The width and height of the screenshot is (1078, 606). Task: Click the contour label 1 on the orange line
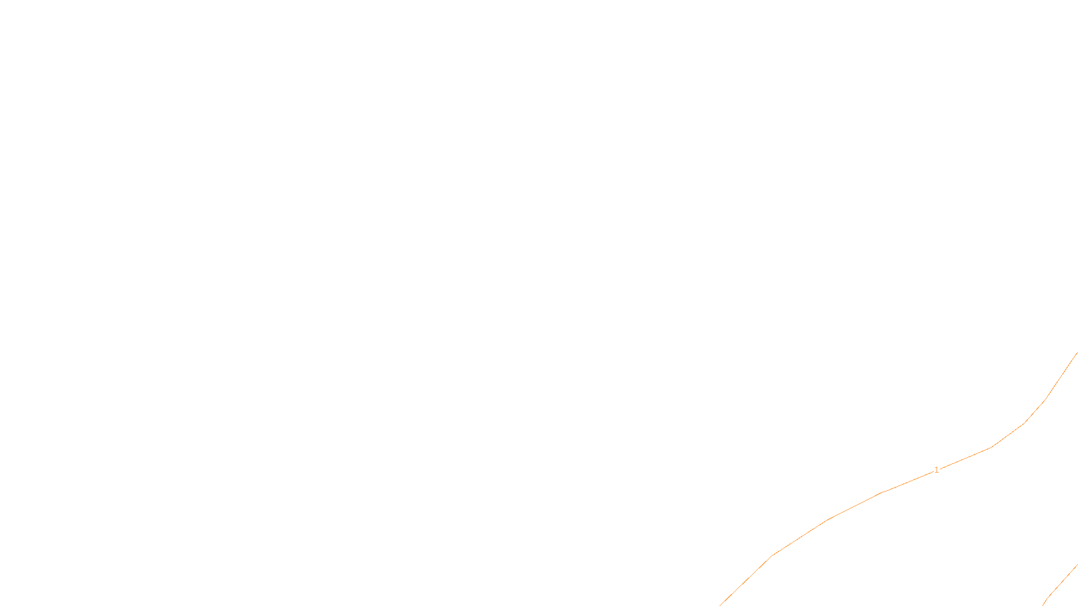pos(937,470)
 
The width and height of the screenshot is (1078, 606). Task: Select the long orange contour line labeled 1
pos(827,519)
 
